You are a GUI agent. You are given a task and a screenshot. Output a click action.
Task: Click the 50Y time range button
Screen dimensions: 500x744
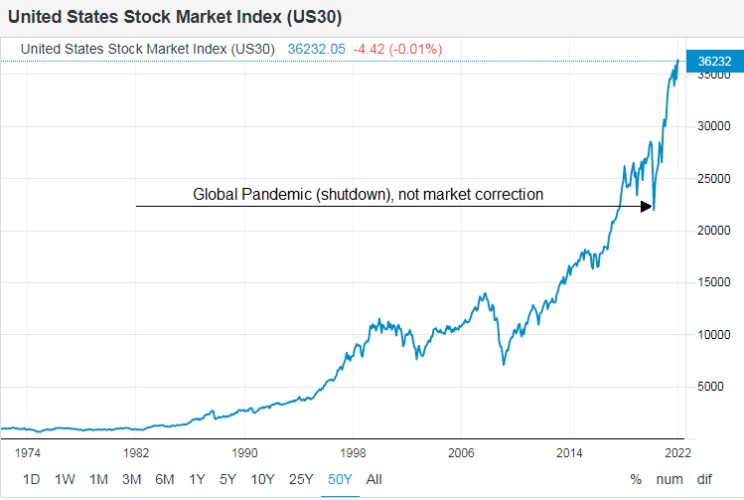340,479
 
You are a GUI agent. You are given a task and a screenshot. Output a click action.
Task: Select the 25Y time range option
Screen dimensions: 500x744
302,479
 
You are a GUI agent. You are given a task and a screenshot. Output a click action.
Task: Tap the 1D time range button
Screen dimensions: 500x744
32,479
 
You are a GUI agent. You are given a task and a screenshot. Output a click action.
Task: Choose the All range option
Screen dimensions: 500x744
373,479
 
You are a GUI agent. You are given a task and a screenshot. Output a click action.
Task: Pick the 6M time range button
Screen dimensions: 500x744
165,479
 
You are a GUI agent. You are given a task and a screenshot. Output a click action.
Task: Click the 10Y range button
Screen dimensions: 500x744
263,479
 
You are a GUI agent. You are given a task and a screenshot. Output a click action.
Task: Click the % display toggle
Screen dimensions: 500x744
636,479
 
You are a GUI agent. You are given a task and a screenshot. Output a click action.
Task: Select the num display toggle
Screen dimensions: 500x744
670,479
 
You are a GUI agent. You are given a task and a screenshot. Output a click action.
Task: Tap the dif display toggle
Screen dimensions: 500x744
704,479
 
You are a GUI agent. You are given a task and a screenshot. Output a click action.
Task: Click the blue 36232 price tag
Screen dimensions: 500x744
715,62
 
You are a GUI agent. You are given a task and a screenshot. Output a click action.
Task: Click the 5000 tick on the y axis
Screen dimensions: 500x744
711,387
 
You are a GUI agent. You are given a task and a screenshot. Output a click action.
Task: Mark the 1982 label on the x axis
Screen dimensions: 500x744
136,451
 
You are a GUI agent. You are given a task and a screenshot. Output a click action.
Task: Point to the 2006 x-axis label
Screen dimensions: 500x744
461,451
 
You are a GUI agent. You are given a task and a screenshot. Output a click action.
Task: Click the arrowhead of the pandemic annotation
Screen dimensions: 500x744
647,207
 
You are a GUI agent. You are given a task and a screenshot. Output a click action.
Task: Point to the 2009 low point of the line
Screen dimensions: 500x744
504,364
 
